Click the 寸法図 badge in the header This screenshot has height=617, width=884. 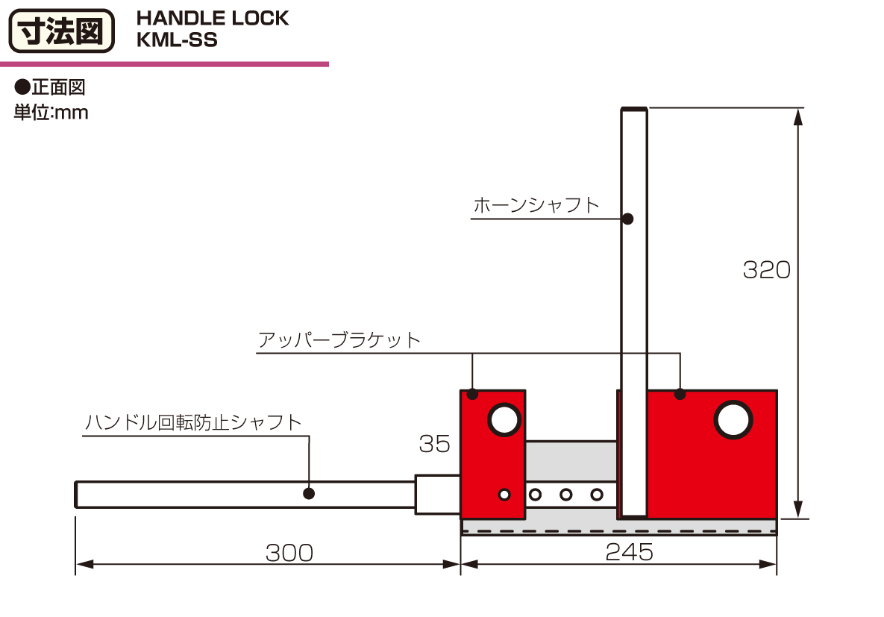(x=61, y=31)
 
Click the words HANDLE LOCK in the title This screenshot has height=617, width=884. (x=213, y=18)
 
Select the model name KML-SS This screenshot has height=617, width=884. (x=177, y=40)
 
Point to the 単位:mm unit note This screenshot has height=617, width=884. (x=51, y=112)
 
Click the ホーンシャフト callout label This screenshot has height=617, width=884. (x=536, y=204)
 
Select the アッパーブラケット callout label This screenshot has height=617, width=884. (x=339, y=340)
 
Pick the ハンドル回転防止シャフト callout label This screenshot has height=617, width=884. (x=192, y=422)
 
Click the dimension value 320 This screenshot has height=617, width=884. (x=767, y=270)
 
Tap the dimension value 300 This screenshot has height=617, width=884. (x=289, y=553)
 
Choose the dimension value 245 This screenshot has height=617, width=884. (x=629, y=552)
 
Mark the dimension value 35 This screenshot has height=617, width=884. (x=435, y=444)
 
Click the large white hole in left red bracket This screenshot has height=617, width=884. (x=504, y=420)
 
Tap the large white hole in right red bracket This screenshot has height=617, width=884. (x=733, y=420)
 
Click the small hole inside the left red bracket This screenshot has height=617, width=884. (x=504, y=495)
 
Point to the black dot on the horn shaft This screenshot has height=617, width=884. (x=627, y=219)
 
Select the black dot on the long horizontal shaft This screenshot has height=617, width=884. (x=309, y=493)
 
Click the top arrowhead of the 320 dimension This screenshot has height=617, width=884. (x=797, y=116)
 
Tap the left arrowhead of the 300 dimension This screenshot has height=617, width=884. (x=84, y=564)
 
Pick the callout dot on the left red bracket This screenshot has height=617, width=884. (x=472, y=394)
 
